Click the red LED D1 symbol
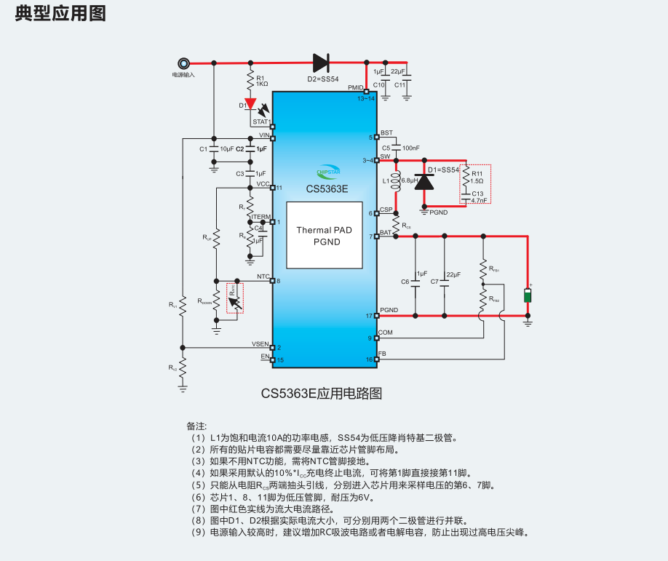pyautogui.click(x=250, y=104)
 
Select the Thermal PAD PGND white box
pyautogui.click(x=324, y=236)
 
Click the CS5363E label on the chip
pyautogui.click(x=327, y=188)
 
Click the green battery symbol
pyautogui.click(x=528, y=296)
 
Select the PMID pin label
pyautogui.click(x=355, y=87)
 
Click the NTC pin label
pyautogui.click(x=263, y=276)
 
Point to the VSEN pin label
pyautogui.click(x=261, y=343)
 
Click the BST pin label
pyautogui.click(x=386, y=132)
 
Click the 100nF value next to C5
pyautogui.click(x=410, y=148)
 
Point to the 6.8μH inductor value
pyautogui.click(x=409, y=180)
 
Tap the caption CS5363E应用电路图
pyautogui.click(x=322, y=393)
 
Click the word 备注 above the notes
pyautogui.click(x=196, y=425)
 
